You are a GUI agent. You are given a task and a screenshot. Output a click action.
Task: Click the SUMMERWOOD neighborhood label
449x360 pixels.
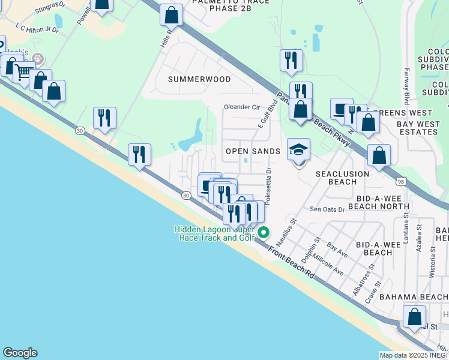pyautogui.click(x=199, y=79)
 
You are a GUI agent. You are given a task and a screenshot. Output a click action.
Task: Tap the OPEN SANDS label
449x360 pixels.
pyautogui.click(x=253, y=151)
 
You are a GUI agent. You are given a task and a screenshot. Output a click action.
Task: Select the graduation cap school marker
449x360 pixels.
pyautogui.click(x=298, y=151)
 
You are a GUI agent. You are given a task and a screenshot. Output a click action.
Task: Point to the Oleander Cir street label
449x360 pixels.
pyautogui.click(x=241, y=107)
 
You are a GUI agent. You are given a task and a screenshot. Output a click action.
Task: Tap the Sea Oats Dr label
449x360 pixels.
pyautogui.click(x=327, y=209)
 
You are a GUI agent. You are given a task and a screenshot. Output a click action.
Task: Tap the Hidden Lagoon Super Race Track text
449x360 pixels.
pyautogui.click(x=214, y=233)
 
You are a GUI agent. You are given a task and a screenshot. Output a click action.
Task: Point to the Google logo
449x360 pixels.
pyautogui.click(x=20, y=353)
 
